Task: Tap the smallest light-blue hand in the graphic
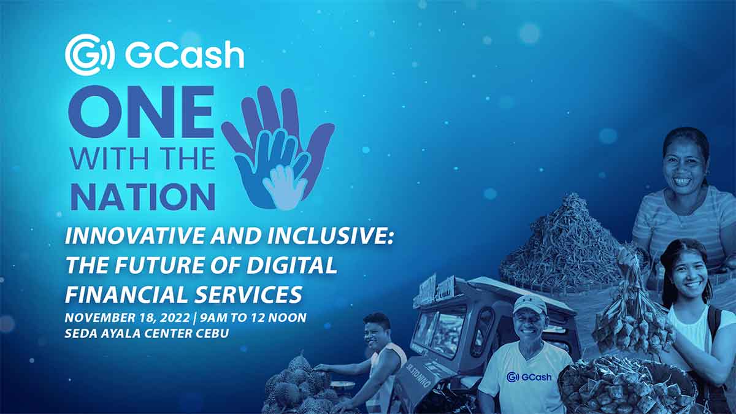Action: coord(285,185)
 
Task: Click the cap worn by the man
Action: coord(529,304)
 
